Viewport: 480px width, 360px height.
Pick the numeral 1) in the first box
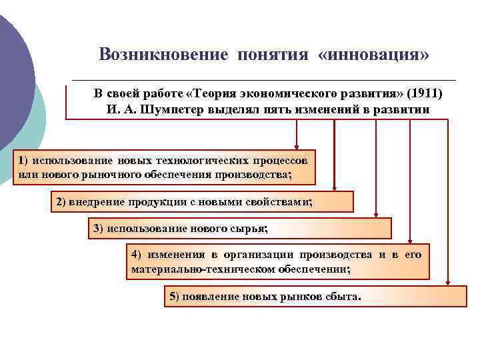(23, 161)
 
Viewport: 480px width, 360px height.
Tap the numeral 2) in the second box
(60, 201)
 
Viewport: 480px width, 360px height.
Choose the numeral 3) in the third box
(98, 229)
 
